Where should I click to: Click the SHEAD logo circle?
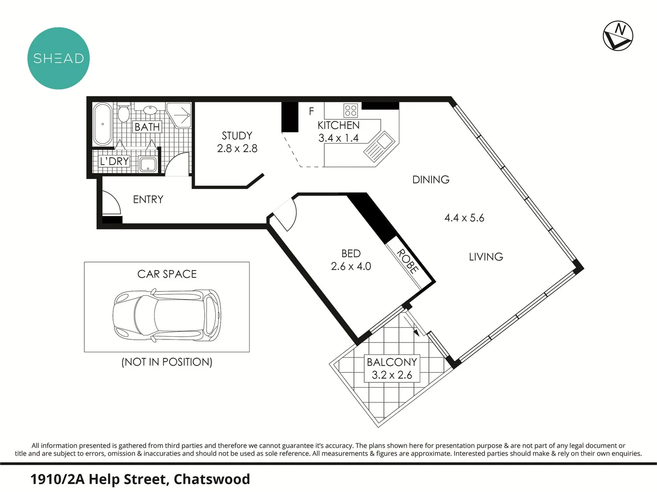(x=58, y=58)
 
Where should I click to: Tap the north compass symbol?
(x=618, y=36)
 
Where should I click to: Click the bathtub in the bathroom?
(x=102, y=124)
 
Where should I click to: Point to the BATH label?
(x=147, y=127)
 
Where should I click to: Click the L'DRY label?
(x=114, y=161)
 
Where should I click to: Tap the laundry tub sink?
(x=148, y=164)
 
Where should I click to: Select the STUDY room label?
(x=237, y=136)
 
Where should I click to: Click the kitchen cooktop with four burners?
(x=351, y=110)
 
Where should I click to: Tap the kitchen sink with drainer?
(x=378, y=146)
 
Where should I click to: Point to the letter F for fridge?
(x=311, y=111)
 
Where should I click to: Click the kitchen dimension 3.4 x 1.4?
(x=338, y=138)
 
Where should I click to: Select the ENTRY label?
(x=148, y=200)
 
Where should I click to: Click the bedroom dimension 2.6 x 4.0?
(x=351, y=266)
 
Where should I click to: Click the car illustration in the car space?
(x=167, y=315)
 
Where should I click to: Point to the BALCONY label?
(x=392, y=362)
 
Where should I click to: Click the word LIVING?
(x=486, y=257)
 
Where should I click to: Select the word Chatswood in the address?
(x=212, y=479)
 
